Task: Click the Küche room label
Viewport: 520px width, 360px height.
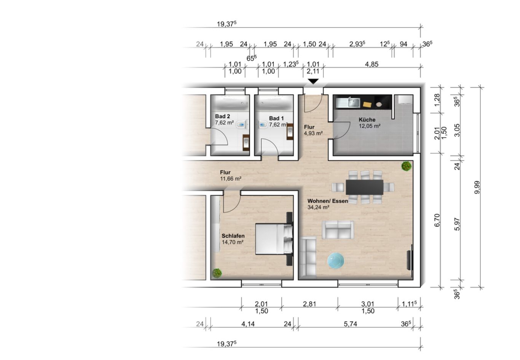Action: coord(367,120)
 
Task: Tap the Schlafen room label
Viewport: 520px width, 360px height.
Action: coord(233,236)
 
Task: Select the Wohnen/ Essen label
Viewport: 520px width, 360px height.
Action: coord(328,201)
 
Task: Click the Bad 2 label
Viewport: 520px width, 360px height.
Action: coord(222,116)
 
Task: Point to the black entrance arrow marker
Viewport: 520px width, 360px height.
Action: coord(313,81)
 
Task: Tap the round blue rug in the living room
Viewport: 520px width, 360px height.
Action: coord(336,261)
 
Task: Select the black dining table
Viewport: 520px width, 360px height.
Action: coord(364,187)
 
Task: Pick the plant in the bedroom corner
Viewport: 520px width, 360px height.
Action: coord(217,273)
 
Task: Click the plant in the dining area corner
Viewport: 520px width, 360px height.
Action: coord(407,166)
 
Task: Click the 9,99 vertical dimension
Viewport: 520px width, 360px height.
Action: coord(477,187)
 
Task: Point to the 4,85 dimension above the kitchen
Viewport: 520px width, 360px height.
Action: coord(372,64)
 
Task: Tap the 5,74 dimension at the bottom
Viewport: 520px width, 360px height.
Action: coord(350,324)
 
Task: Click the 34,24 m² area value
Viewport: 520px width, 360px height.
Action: coord(318,207)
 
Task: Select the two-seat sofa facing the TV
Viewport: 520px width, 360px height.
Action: coord(338,230)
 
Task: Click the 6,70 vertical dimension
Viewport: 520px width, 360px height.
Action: coord(437,221)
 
